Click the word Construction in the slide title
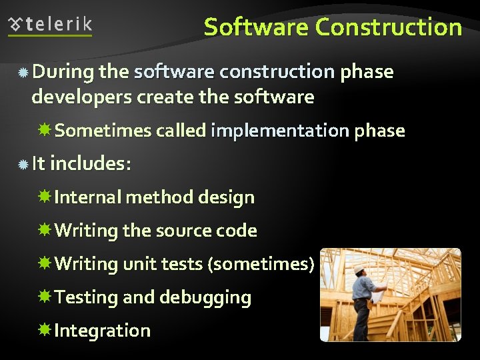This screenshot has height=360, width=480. click(x=389, y=27)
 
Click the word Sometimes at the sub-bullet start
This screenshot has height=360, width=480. click(x=103, y=131)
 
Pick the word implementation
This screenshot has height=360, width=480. click(x=279, y=131)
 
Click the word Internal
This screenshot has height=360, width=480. click(x=87, y=197)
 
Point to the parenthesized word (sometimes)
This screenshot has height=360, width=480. click(x=261, y=264)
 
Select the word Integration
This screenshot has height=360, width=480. click(x=103, y=331)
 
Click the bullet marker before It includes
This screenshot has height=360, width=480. click(x=23, y=164)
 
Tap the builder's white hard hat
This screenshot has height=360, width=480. click(x=360, y=269)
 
